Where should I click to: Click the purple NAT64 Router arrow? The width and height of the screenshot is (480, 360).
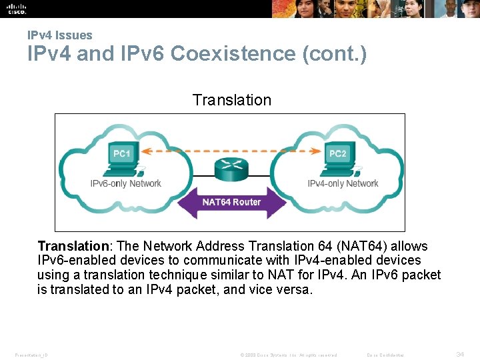tap(231, 202)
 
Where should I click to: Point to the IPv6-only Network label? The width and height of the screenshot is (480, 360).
tap(126, 183)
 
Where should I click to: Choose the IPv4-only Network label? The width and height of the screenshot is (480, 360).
tap(343, 183)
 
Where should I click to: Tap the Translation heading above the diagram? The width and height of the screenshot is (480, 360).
tap(231, 100)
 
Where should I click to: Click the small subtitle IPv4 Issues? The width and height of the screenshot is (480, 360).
tap(60, 35)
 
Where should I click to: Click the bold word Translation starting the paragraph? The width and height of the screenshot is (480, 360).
tap(73, 246)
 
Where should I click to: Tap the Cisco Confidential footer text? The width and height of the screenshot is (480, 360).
tap(387, 355)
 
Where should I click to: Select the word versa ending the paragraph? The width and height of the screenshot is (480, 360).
tap(296, 289)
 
